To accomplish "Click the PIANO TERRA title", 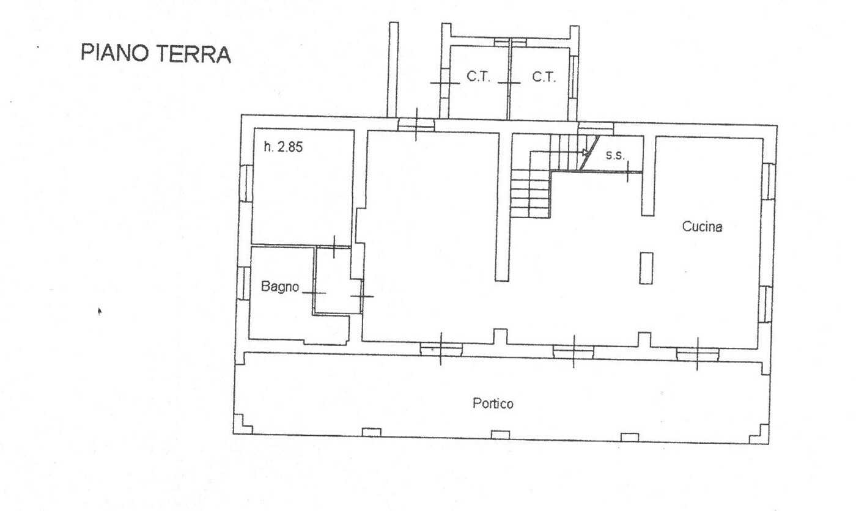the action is (156, 53).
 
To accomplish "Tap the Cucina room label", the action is (703, 227).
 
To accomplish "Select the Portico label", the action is (493, 403).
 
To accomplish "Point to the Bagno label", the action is (280, 287).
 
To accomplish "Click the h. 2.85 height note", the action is (283, 147).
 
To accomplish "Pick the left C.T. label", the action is (478, 77).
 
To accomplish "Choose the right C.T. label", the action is (544, 77).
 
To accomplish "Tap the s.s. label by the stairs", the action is (615, 155).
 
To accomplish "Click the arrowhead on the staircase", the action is (586, 153).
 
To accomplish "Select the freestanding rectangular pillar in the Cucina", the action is (646, 268).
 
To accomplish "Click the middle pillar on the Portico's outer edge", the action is (500, 435).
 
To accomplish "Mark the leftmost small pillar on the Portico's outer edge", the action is (372, 432).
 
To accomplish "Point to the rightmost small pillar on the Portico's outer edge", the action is (629, 437).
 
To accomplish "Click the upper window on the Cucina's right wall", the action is (769, 182).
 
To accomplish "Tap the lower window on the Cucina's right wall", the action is (766, 304).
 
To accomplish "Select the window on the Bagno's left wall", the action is (243, 283).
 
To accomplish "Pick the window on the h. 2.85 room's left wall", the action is (246, 183).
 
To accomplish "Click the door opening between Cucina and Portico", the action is (698, 355).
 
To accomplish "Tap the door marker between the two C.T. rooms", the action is (509, 83).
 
